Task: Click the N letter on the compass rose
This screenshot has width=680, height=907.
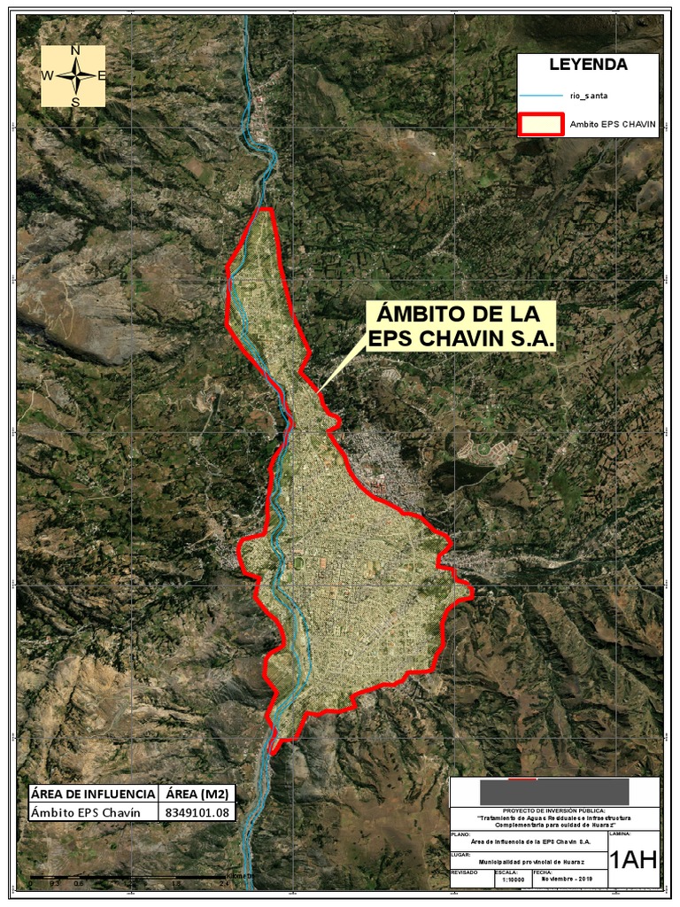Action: coord(75,50)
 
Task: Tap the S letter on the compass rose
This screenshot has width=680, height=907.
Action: coord(75,101)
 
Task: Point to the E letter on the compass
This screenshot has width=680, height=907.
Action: coord(101,76)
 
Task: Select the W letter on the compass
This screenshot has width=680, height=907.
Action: coord(47,76)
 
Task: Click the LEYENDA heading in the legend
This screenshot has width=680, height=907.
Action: coord(588,65)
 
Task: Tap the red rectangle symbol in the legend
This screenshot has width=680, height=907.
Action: coord(540,124)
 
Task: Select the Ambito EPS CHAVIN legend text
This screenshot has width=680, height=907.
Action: coord(613,125)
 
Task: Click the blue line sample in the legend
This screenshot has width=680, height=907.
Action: coord(540,95)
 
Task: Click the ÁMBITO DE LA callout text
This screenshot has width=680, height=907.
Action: coord(460,315)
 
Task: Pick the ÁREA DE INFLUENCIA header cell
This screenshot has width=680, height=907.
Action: coord(92,793)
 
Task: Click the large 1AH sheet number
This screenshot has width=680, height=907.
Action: coord(633,859)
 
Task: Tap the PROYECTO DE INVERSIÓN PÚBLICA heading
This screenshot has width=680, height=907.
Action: coord(554,810)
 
